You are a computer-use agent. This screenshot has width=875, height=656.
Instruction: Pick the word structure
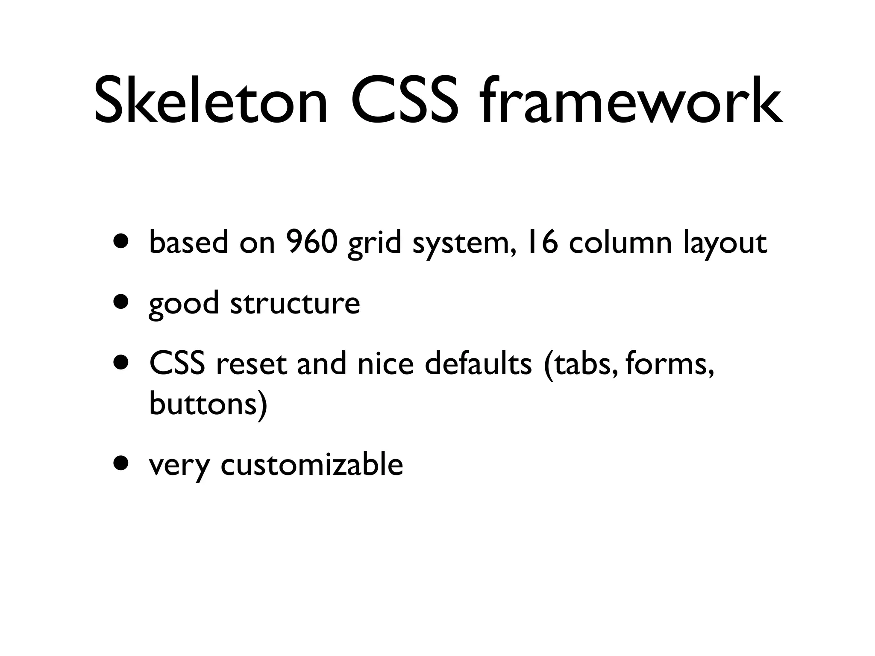pos(295,303)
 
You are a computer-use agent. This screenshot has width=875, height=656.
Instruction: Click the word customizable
pos(312,464)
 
